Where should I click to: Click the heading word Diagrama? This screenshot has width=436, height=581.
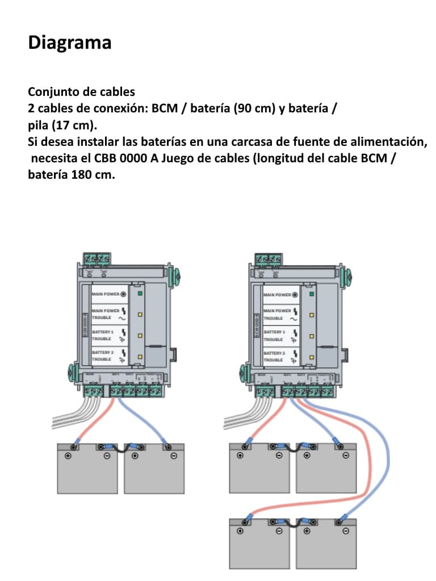pos(69,43)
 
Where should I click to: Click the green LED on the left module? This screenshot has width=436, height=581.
pos(139,294)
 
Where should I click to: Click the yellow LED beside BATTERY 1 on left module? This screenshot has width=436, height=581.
pos(139,335)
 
